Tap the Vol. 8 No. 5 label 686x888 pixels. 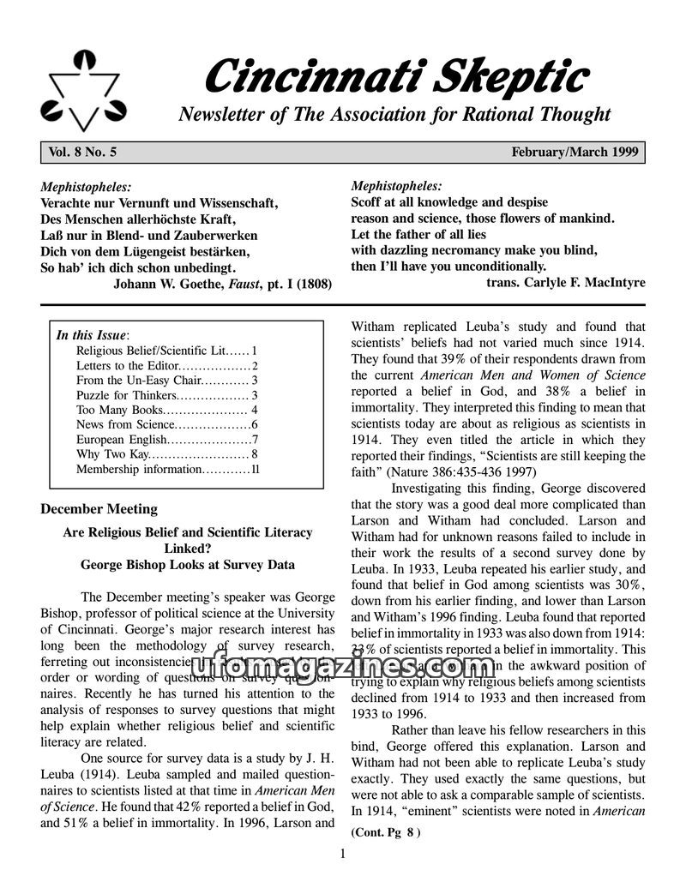point(83,153)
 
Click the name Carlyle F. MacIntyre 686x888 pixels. point(584,282)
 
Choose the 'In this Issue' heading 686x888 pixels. point(92,334)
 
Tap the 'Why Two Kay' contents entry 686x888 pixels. point(112,454)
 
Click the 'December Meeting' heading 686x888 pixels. point(99,509)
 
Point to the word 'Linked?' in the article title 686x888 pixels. point(188,549)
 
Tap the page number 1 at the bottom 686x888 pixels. point(342,853)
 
